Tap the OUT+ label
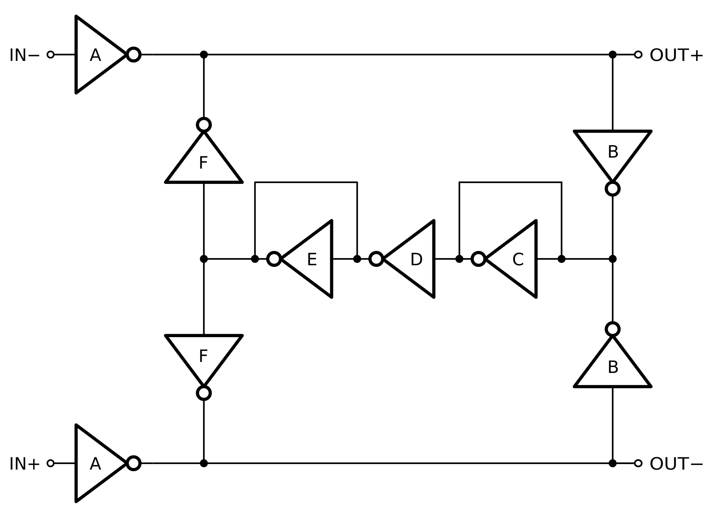tap(676, 55)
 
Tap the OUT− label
tap(676, 464)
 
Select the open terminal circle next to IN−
tap(50, 55)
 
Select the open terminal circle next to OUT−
tap(638, 463)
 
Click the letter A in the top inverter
tap(95, 55)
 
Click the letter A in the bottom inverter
tap(95, 464)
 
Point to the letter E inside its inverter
tap(312, 260)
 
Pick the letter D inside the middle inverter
tap(416, 260)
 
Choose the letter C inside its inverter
tap(518, 260)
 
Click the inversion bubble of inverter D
tap(376, 259)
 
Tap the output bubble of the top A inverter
tap(134, 55)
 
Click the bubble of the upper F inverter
tap(204, 125)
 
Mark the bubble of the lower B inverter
tap(612, 329)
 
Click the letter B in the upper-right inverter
tap(613, 152)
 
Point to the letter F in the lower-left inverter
tap(203, 356)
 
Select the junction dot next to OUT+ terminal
tap(612, 55)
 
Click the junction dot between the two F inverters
tap(204, 259)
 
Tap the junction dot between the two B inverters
tap(612, 259)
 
